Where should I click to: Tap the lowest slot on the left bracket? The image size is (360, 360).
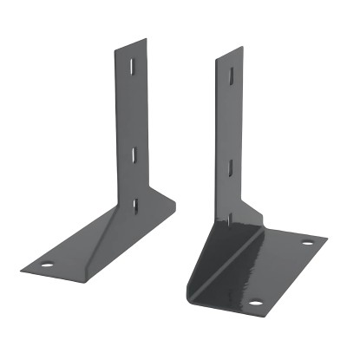point(135,205)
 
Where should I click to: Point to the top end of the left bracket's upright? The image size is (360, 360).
point(129,43)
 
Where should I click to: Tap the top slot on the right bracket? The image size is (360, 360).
point(231,76)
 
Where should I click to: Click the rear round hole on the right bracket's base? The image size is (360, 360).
point(306,242)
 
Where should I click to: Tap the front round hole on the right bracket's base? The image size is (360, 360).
point(256,303)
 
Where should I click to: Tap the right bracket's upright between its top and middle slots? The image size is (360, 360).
point(230,121)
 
